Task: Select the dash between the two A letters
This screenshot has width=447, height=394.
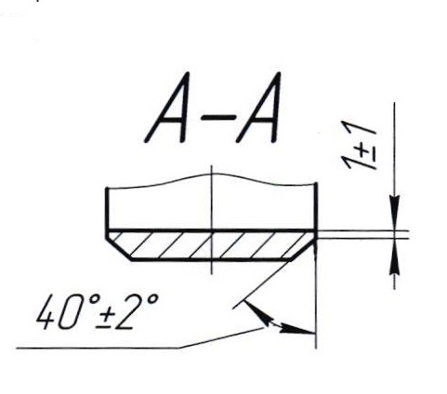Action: point(217,118)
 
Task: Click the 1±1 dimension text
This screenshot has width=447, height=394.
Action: point(360,148)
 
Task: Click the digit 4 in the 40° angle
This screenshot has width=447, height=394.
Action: point(47,311)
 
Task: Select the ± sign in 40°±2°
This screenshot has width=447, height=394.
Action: point(108,316)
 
